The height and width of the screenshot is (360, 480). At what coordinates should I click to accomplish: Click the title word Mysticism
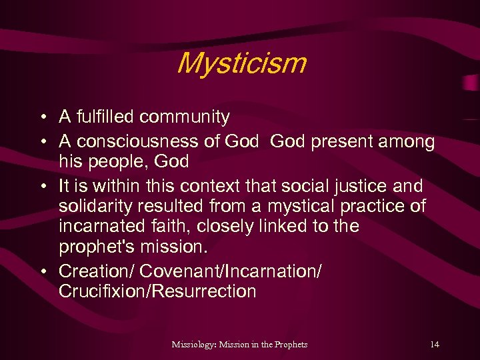[x=241, y=64]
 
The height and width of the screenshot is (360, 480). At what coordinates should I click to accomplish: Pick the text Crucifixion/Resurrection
[x=157, y=291]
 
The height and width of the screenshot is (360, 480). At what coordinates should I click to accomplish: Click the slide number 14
[x=435, y=344]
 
